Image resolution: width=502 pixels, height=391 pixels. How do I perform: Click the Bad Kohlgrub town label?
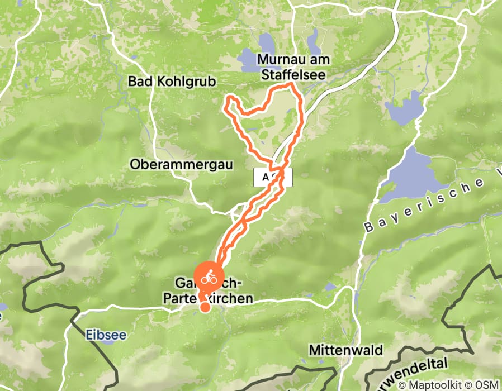point(172,82)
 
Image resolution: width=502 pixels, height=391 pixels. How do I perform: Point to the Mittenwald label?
point(347,351)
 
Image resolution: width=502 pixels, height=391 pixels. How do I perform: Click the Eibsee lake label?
point(106,335)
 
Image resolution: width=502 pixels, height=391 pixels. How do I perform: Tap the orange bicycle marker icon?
point(208,277)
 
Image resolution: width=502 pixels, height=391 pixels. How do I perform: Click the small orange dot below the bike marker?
point(205,307)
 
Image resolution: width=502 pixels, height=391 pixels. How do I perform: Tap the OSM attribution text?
point(487,385)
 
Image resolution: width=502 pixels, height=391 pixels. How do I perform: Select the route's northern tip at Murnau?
point(292,85)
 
